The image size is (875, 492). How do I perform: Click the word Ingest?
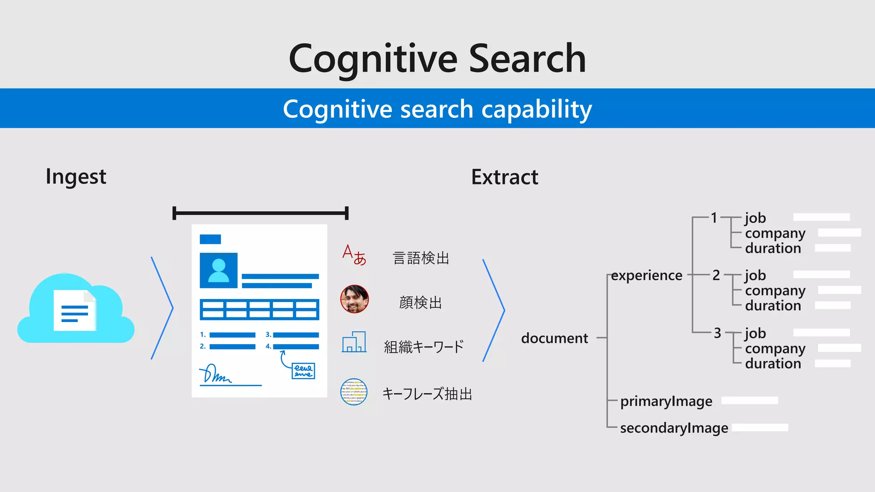76,177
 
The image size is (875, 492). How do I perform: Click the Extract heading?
505,177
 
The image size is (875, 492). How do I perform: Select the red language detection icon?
354,255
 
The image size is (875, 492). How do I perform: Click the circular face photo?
354,299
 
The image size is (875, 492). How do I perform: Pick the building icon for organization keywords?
354,342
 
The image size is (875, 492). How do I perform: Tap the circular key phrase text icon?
354,392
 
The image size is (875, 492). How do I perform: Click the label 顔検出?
420,302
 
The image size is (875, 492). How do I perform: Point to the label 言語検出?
421,258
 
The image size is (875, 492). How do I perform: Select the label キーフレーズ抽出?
427,393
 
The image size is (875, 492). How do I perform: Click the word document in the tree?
555,338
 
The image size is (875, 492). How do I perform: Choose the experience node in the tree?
646,275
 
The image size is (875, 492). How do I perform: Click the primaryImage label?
666,401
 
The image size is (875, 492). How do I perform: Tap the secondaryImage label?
674,428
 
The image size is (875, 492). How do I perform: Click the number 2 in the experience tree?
716,275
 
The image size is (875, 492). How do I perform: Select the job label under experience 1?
755,218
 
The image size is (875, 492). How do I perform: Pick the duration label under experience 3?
773,363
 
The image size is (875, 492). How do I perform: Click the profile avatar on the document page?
219,270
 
